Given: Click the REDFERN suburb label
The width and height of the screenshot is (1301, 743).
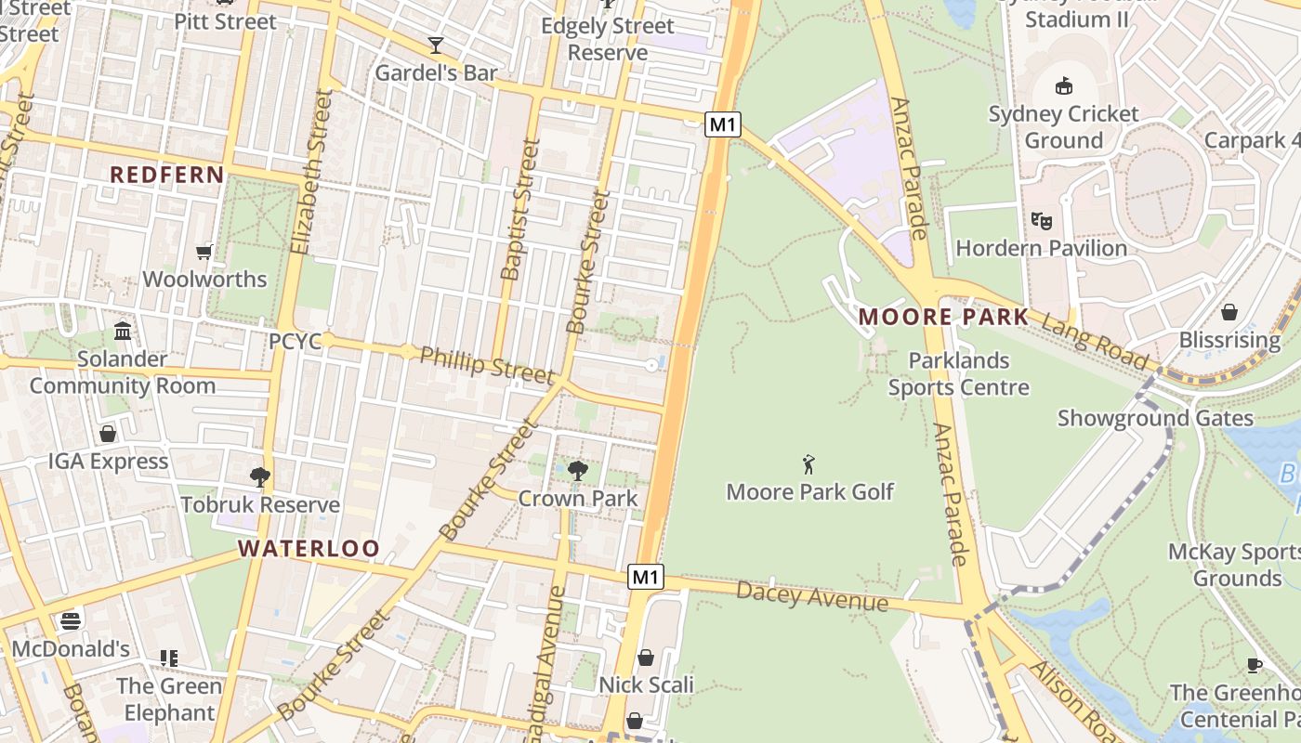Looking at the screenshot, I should tap(167, 175).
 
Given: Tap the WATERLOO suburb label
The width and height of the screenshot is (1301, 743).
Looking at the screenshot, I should tap(309, 548).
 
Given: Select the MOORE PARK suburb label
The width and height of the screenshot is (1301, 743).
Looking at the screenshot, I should tap(943, 317).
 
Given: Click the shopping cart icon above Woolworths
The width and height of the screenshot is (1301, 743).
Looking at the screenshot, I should tap(204, 253).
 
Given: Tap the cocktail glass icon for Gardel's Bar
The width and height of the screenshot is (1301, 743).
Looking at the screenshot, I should tap(435, 45).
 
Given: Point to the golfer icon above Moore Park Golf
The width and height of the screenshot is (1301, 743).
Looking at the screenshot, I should tap(808, 464).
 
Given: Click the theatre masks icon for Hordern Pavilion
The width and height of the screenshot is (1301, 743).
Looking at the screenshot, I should tap(1041, 221).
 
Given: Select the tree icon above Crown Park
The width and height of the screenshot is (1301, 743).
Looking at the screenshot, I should tap(577, 471).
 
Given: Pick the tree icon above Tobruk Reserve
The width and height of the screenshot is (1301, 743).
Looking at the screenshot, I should tap(260, 477).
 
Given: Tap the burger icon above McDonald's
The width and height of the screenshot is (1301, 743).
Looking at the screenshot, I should tap(71, 621).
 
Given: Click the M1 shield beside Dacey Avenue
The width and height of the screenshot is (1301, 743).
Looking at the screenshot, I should tap(646, 577).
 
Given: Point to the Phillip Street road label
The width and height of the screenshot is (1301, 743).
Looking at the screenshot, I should tap(486, 364).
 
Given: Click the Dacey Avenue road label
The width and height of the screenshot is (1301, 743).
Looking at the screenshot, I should tap(811, 596).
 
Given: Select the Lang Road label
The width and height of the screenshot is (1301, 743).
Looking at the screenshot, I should tap(1094, 340).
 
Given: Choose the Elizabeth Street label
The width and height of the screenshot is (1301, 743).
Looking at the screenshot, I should tap(310, 172).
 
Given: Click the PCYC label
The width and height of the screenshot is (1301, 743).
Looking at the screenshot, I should tap(295, 342).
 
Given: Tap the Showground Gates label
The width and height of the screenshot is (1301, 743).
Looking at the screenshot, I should tap(1155, 418).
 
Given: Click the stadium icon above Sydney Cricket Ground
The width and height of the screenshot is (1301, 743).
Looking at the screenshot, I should tap(1064, 86).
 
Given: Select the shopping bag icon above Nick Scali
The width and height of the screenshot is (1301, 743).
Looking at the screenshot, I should tap(646, 658).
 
